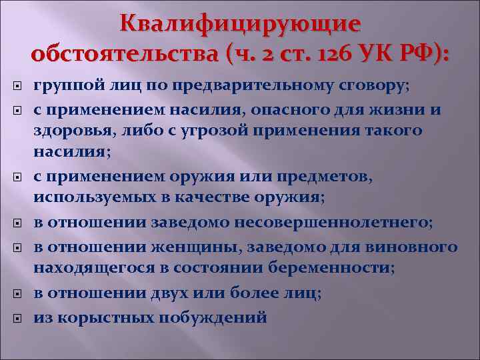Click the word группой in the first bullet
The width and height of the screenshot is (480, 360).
63,87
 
